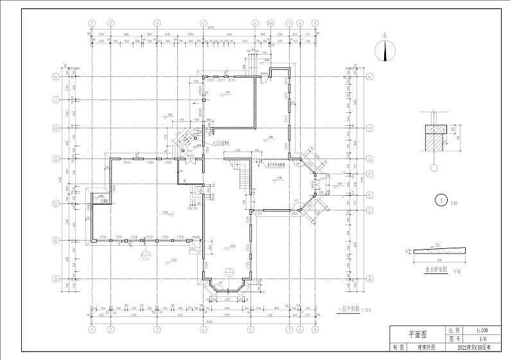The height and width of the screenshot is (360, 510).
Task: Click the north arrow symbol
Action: click(x=385, y=50)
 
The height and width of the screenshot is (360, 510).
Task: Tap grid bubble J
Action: click(x=57, y=99)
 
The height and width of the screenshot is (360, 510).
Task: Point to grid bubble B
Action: click(x=57, y=241)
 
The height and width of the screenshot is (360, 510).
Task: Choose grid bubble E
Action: click(x=371, y=195)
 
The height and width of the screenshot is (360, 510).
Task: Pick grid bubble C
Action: click(x=371, y=210)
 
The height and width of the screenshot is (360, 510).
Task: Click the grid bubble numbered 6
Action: click(x=255, y=23)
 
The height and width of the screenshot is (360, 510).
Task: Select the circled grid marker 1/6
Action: click(x=270, y=23)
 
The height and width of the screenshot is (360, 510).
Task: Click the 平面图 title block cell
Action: click(x=418, y=334)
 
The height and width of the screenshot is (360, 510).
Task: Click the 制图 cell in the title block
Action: click(x=398, y=347)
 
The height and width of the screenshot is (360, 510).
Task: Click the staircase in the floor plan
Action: click(x=244, y=175)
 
